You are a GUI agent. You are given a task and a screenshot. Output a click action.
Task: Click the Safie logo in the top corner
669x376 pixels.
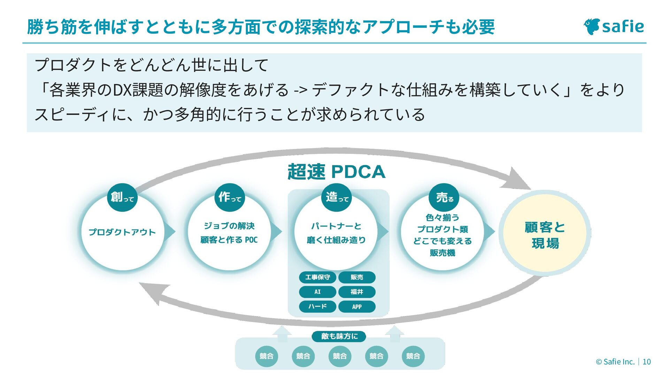[614, 26]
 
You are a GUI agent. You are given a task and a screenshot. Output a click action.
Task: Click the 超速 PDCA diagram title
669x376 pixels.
[336, 172]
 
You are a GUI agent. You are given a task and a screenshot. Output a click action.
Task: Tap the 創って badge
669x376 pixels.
[122, 197]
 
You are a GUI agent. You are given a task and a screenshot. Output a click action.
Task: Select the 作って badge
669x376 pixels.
[230, 197]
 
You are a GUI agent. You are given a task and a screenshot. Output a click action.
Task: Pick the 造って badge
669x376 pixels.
[337, 197]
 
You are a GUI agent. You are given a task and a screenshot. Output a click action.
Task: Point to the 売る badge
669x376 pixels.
[444, 197]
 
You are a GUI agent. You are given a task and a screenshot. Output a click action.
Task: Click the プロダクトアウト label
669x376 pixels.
[122, 232]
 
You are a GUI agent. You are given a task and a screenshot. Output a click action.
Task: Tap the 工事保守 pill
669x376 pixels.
[317, 277]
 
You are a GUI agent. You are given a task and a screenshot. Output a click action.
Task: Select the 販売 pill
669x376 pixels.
[357, 277]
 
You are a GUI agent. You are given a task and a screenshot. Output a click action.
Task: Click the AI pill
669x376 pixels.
[317, 292]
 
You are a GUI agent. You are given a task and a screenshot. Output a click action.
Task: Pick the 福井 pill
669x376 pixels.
[357, 292]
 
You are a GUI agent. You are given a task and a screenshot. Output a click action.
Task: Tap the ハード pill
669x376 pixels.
[317, 307]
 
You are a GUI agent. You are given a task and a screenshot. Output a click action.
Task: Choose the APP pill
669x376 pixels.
[357, 307]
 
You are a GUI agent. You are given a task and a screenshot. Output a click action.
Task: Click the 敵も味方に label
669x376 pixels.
[339, 336]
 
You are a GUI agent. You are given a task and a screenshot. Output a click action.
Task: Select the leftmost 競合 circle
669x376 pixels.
[267, 356]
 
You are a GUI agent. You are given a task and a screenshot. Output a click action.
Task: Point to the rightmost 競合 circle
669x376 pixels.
[413, 356]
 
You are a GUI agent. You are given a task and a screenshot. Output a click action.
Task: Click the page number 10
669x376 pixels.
[647, 362]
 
